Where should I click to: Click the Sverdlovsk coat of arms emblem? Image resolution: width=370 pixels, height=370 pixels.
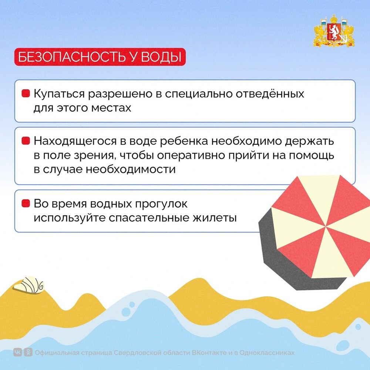coord(334,31)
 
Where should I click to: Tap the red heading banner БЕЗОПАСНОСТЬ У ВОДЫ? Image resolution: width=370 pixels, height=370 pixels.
coord(100,57)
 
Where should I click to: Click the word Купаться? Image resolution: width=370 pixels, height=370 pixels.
coord(59,94)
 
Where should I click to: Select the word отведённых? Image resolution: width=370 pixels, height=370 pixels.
coord(270,94)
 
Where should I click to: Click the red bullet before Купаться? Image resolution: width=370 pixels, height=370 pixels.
coord(26,93)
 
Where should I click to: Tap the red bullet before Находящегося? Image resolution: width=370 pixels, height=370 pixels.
coord(26,141)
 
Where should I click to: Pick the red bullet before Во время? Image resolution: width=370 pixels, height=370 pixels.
coord(26,203)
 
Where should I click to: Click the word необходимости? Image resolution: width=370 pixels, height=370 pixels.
coord(131,169)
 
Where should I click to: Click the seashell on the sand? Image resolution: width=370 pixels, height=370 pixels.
coord(29,285)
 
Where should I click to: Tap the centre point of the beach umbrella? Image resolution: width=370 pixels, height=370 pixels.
coord(326,226)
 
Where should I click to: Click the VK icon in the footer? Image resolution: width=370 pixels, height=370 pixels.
coord(17,353)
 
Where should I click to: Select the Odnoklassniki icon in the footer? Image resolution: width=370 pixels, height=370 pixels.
coord(28,353)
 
